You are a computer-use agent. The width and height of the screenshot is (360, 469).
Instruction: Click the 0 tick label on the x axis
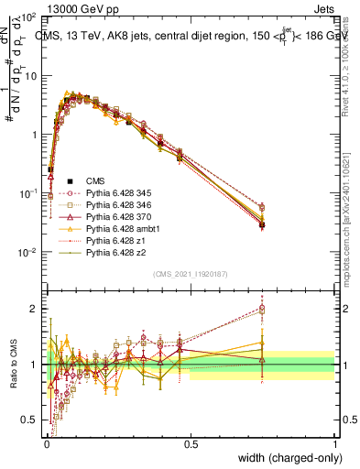pos(46,444)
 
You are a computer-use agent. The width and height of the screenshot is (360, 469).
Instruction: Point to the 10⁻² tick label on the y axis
pos(27,252)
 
